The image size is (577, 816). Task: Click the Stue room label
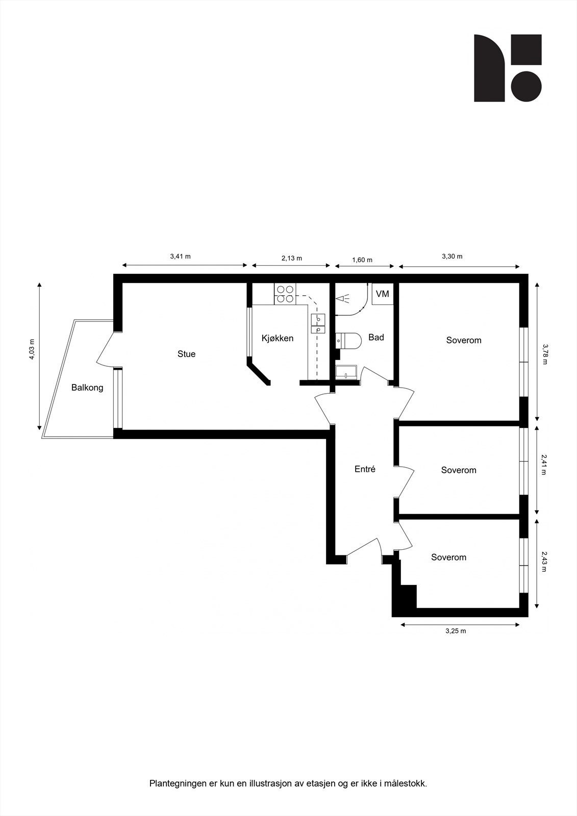[186, 354]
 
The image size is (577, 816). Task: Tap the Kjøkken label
[277, 338]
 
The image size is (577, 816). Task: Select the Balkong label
[87, 388]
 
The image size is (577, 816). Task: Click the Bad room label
[376, 337]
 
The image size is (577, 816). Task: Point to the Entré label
[365, 469]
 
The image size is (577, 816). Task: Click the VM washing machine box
[382, 294]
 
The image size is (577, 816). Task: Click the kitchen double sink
[318, 324]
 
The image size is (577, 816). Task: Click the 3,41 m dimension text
[180, 257]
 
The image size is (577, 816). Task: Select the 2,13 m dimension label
[291, 258]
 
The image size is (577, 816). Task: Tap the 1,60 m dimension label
[362, 260]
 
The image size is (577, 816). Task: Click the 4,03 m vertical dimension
[32, 349]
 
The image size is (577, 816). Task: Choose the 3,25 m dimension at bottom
[456, 631]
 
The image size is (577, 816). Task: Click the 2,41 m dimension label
[544, 465]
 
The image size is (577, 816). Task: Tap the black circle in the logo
[526, 86]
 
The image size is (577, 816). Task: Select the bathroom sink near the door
[347, 372]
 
